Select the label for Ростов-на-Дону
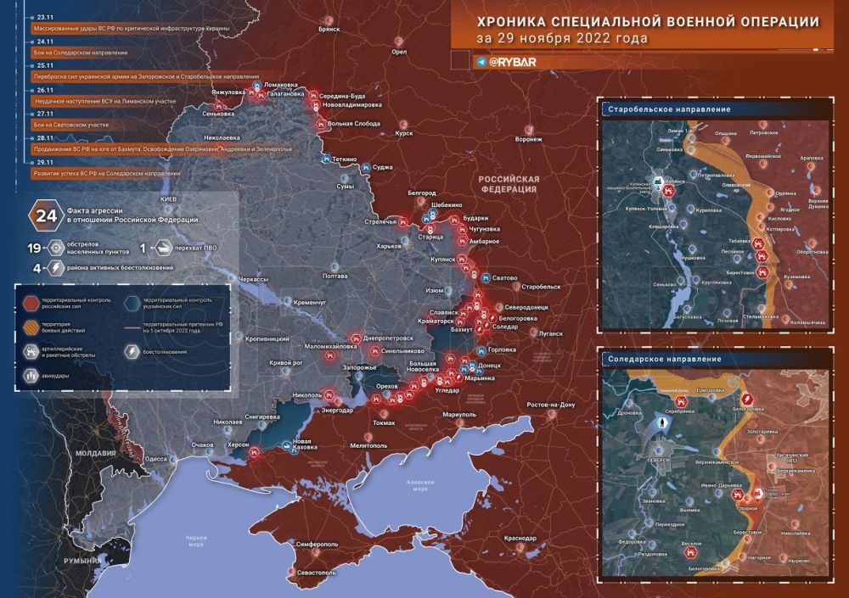(551, 404)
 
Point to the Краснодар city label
(520, 539)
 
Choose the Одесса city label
(156, 457)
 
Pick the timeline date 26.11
(45, 90)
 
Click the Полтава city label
(336, 276)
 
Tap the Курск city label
(404, 133)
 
